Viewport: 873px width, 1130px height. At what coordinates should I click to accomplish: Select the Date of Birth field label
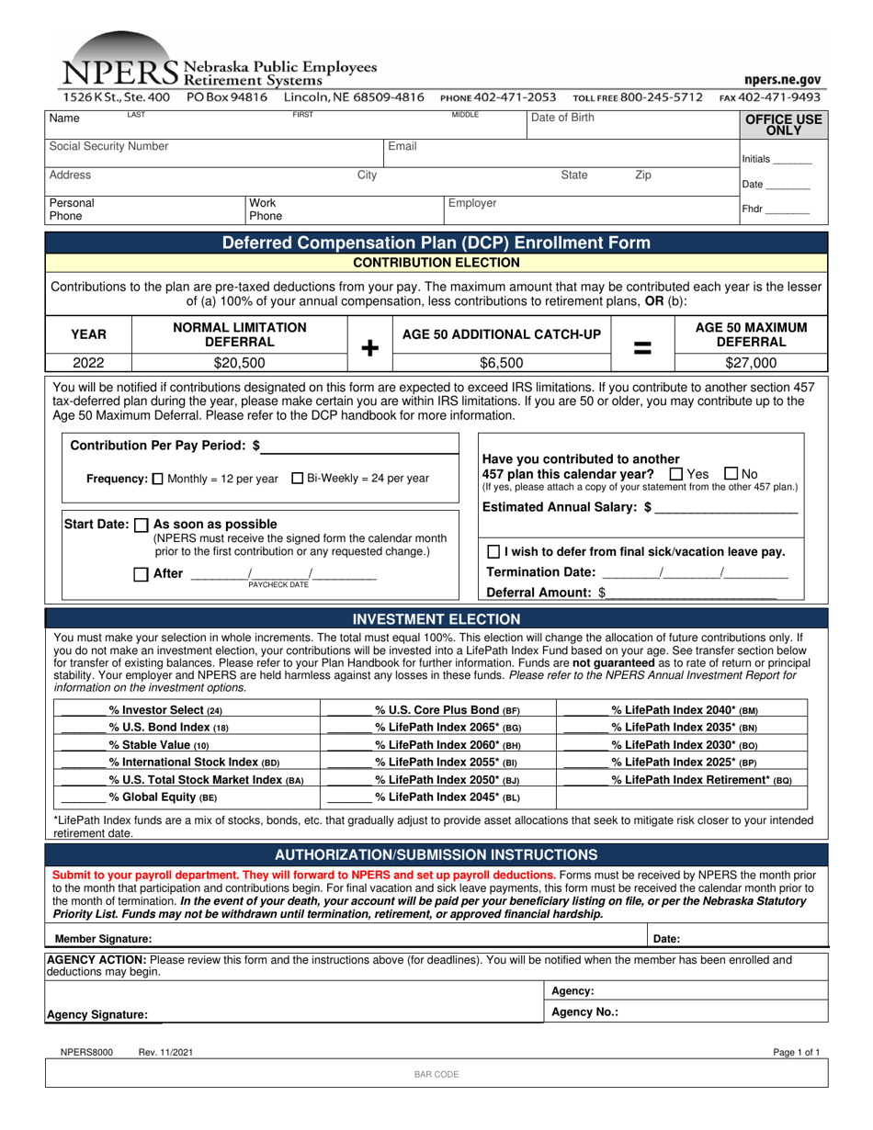coord(563,118)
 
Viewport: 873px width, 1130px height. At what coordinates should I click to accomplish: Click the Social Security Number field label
coord(108,146)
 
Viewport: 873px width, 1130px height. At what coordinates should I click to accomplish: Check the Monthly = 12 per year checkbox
coord(157,479)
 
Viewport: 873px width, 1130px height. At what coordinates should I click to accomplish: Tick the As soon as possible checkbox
coord(141,525)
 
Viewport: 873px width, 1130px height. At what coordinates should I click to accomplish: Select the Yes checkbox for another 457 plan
coord(676,474)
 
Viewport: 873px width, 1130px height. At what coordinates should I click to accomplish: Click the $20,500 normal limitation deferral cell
coord(239,363)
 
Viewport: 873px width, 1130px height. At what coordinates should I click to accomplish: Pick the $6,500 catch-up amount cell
coord(502,363)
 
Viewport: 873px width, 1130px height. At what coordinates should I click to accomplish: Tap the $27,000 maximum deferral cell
coord(752,363)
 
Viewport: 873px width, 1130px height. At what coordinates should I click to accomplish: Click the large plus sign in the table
coord(369,348)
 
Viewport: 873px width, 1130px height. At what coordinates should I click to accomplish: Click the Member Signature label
coord(104,939)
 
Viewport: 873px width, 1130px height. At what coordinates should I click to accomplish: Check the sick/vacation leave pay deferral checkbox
coord(493,552)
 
